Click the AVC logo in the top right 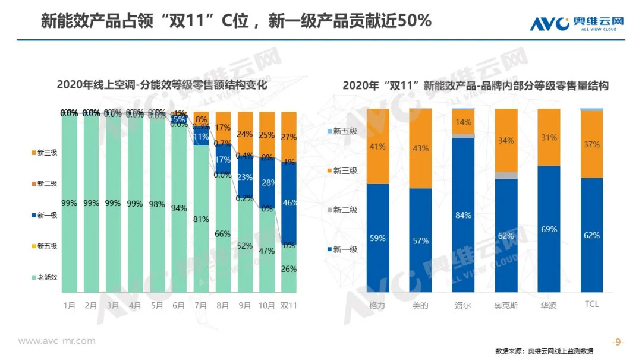pyautogui.click(x=577, y=23)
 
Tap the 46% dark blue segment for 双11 pyautogui.click(x=289, y=202)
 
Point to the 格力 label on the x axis pyautogui.click(x=377, y=304)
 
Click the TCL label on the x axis pyautogui.click(x=591, y=304)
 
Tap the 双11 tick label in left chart pyautogui.click(x=289, y=305)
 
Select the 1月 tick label pyautogui.click(x=70, y=305)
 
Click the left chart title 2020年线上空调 pyautogui.click(x=162, y=85)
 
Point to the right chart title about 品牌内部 pyautogui.click(x=476, y=85)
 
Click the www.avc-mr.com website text pyautogui.click(x=57, y=341)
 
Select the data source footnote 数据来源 pyautogui.click(x=543, y=351)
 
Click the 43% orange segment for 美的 pyautogui.click(x=420, y=148)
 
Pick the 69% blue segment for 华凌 pyautogui.click(x=549, y=229)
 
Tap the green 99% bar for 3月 pyautogui.click(x=112, y=203)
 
